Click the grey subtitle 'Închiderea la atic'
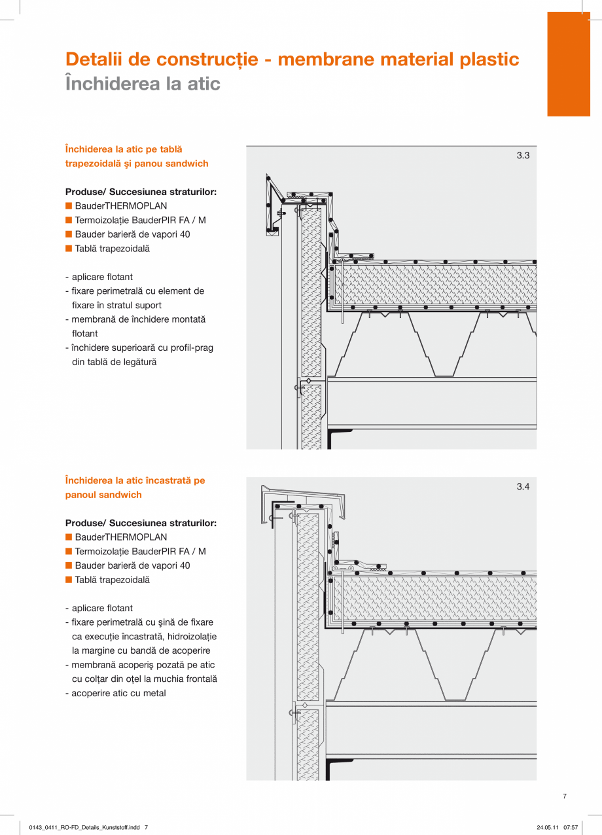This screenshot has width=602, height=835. coord(143,84)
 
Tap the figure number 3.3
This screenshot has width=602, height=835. coord(523,156)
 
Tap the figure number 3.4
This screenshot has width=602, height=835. coord(523,487)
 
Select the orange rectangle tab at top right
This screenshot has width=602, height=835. coord(568,64)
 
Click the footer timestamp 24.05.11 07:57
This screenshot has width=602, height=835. coord(557,827)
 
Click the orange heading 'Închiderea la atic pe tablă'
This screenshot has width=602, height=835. coord(124,149)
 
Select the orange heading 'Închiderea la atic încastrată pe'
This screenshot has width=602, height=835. coord(135,480)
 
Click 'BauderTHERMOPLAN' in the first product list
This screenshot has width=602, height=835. coord(120,206)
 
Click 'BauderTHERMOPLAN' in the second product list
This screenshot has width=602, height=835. coord(120,537)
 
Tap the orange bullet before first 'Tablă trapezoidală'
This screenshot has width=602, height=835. coord(68,249)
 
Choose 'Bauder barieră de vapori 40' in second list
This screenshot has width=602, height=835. coord(132,565)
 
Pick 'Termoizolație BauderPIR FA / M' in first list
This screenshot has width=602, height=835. coord(140,221)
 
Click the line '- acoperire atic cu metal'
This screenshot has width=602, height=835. coord(115,693)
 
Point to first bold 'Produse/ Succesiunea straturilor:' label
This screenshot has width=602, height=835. coord(141,192)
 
